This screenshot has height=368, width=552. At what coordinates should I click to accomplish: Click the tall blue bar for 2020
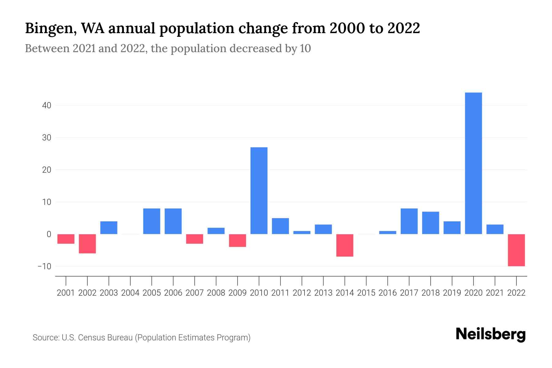(473, 163)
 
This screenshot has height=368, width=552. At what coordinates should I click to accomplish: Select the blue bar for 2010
(259, 190)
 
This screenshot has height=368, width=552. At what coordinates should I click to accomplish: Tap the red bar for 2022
(516, 250)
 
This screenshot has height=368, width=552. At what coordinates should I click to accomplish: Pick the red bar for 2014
(345, 245)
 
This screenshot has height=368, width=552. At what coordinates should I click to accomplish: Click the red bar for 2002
(87, 243)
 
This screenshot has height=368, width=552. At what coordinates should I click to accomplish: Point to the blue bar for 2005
(151, 221)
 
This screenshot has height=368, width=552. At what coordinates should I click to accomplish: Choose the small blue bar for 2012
(302, 232)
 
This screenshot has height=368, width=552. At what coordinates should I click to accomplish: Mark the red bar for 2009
(238, 240)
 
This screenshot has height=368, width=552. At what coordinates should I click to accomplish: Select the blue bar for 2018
(431, 223)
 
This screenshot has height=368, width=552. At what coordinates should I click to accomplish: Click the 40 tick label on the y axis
(47, 105)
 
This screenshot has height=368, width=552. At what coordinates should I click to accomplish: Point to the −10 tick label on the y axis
(44, 266)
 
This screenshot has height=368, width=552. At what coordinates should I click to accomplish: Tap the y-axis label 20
(47, 170)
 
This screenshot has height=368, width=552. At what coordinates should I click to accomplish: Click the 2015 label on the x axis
(366, 293)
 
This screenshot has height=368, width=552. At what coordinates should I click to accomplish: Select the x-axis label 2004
(130, 293)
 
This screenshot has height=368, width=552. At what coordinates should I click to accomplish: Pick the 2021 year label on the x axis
(495, 293)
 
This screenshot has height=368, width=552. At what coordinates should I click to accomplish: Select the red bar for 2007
(194, 239)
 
